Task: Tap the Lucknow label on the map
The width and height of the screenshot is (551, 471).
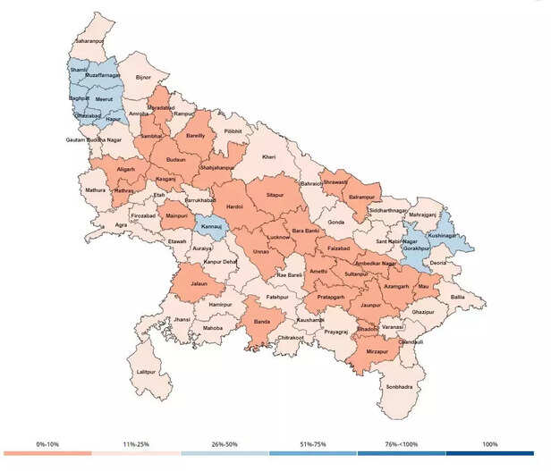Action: tap(279, 238)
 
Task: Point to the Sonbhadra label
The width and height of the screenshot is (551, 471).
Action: tap(399, 387)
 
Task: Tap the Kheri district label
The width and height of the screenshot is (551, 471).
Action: tap(268, 157)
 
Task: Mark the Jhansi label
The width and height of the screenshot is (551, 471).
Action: tap(182, 319)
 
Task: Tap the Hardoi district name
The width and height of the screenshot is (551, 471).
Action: tap(235, 206)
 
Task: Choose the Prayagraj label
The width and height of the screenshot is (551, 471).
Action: tap(335, 332)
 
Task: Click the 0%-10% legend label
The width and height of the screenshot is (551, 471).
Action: tap(47, 444)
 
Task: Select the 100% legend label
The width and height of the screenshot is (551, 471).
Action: tap(489, 444)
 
